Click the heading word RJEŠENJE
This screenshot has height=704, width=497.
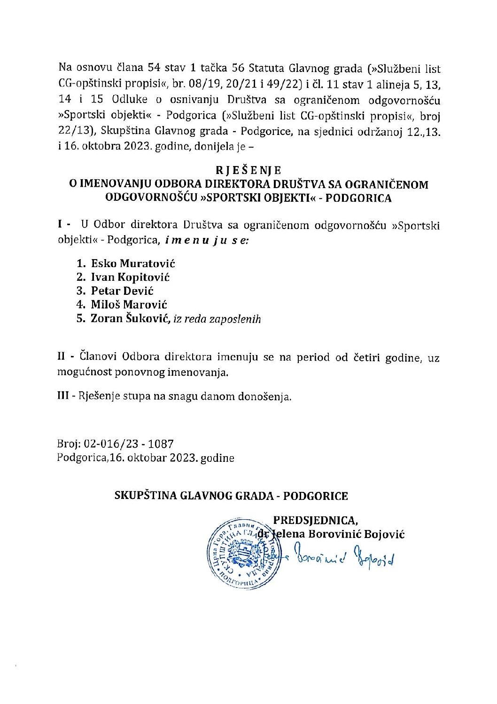click(x=248, y=170)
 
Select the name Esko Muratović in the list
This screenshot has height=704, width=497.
click(x=133, y=263)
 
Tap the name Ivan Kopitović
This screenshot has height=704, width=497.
click(x=130, y=277)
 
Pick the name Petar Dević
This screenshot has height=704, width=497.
click(x=122, y=291)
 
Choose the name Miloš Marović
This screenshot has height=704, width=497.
click(x=129, y=305)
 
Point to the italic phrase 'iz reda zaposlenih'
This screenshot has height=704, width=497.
click(x=217, y=319)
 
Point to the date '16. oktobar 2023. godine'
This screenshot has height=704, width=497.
click(x=172, y=458)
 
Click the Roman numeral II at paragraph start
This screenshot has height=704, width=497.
click(x=62, y=357)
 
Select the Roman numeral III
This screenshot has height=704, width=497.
click(x=63, y=396)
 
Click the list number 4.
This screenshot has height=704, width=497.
click(x=80, y=305)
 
